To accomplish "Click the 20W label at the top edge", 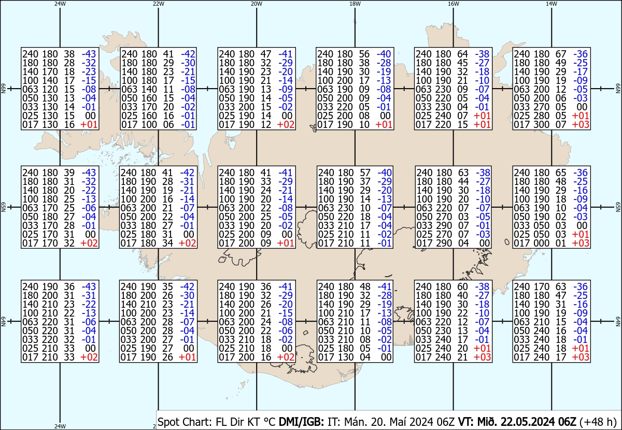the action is pos(257,4).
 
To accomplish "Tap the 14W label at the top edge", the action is pos(552,4).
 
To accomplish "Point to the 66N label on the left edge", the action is pos(3,89).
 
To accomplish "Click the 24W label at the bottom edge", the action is pos(60,426).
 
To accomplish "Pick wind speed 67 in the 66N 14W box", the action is pos(560,54).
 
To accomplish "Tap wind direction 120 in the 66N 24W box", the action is pos(50,89).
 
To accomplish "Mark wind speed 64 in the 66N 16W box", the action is pos(462,54).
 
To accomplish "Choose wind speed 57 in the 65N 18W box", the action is pos(365,173).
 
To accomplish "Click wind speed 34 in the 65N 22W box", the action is pos(167,243).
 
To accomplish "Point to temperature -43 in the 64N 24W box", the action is pos(89,286).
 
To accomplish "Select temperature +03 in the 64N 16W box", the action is pos(482,357).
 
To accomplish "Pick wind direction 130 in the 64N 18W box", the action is pos(345,357).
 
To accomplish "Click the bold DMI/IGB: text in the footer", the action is pos(301,421).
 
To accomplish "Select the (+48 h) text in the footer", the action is pos(598,422).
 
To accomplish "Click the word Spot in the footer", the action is pos(168,422).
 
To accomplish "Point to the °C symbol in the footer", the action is pos(270,421).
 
